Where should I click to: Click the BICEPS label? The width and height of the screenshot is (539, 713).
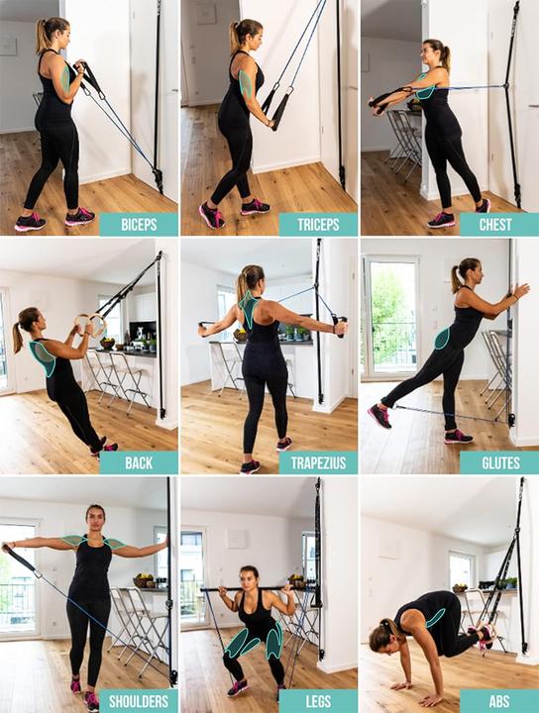(139, 224)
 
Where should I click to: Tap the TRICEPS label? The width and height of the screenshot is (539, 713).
(317, 224)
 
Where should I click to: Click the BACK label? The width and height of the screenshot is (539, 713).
(139, 462)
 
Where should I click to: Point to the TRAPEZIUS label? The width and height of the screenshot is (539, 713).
(317, 462)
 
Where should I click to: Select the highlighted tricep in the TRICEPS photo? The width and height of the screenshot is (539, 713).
(246, 83)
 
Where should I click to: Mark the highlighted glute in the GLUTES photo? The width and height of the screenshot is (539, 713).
(442, 339)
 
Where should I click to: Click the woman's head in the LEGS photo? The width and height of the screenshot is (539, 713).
(250, 575)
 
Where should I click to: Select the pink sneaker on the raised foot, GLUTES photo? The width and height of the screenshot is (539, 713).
(378, 416)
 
